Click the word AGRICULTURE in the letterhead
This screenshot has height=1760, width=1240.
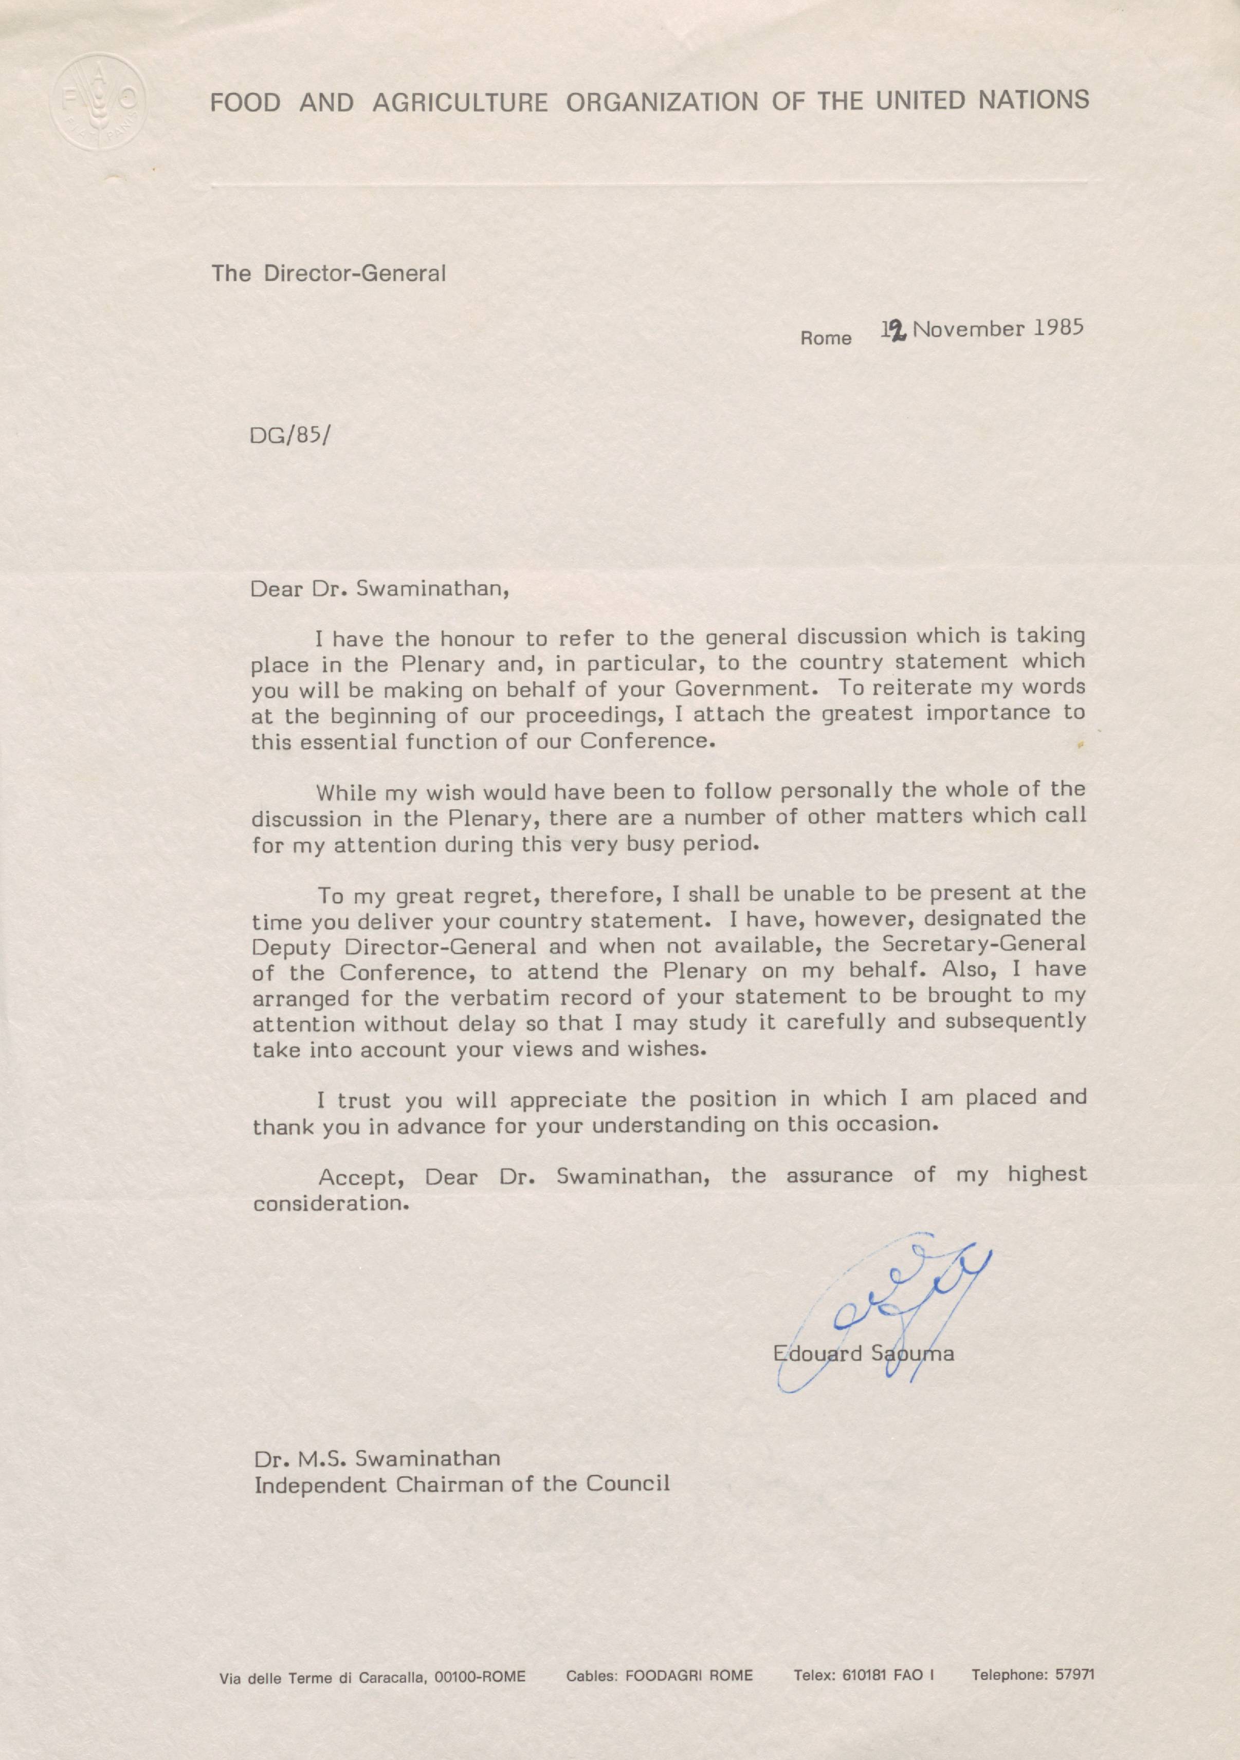[460, 102]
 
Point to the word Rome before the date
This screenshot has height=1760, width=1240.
[826, 337]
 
